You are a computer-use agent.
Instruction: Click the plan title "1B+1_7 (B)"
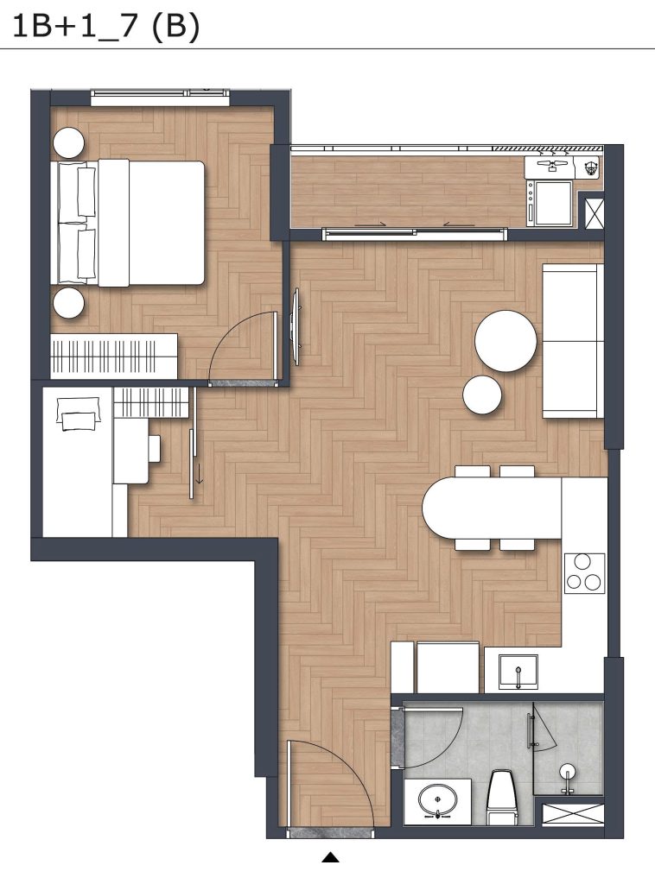pos(106,27)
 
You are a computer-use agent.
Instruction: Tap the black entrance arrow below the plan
pos(331,857)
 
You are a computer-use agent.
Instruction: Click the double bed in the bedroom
pos(128,223)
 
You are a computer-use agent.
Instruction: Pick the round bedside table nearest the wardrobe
pos(69,303)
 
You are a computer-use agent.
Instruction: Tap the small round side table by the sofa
pos(482,395)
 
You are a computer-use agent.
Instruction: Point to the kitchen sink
pos(518,672)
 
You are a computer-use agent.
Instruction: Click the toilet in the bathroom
pos(501,796)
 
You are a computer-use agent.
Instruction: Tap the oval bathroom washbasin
pos(438,799)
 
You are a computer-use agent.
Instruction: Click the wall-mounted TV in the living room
pos(296,325)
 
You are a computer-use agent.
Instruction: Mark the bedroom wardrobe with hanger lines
pos(114,357)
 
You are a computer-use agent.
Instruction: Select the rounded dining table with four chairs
pos(492,508)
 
